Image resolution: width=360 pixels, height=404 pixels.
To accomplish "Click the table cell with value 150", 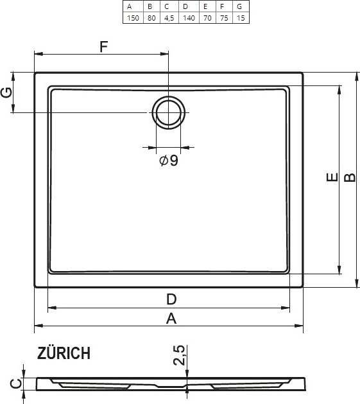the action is (133, 18).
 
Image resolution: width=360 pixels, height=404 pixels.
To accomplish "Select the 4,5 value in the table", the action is (169, 18).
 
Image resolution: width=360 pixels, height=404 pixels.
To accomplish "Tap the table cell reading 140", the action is (189, 18).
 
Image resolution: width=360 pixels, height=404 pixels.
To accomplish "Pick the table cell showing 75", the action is (224, 18).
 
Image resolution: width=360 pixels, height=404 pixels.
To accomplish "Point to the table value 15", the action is (241, 18).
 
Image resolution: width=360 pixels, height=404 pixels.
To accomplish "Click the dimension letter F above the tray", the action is (103, 47).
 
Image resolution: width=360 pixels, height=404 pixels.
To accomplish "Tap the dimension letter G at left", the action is (6, 92).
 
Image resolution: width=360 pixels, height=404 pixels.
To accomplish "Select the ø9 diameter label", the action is (169, 161).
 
